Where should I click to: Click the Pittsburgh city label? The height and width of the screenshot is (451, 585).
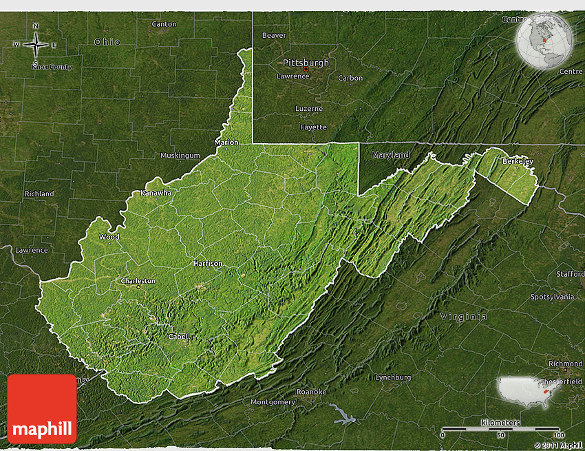[306, 63]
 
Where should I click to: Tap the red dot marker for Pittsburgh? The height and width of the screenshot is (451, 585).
[306, 69]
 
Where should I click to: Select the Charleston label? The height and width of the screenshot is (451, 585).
[138, 281]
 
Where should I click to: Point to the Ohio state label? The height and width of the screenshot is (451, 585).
[107, 42]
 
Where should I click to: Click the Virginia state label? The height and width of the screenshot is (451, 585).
[463, 317]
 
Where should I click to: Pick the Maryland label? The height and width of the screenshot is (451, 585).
[390, 155]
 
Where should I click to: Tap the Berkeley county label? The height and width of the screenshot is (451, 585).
[518, 161]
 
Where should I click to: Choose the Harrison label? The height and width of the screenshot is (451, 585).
[208, 263]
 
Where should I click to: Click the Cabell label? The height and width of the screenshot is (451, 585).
[179, 337]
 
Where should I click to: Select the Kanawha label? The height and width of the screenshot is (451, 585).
[156, 193]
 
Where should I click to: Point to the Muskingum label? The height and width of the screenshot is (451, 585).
[180, 156]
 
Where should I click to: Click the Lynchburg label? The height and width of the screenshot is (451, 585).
[393, 377]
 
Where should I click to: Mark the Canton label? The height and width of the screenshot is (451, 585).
[164, 24]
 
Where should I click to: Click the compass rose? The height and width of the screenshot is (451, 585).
[36, 45]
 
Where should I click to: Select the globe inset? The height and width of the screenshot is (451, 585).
[544, 41]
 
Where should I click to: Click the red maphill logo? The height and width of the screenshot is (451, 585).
[42, 409]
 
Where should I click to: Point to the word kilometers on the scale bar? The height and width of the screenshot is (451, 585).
[501, 421]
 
